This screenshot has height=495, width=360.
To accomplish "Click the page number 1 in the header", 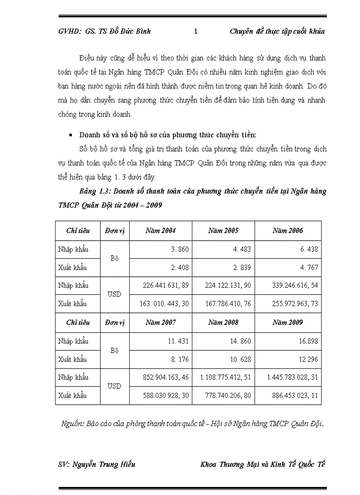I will tap(196, 31).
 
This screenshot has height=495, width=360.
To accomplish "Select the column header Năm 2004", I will tap(161, 231).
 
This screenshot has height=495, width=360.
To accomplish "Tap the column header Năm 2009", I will tap(288, 322).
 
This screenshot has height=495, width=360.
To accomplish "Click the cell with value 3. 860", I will tap(180, 249).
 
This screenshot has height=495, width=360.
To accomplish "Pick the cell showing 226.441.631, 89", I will tap(166, 286).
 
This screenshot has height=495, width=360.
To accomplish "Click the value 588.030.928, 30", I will tap(166, 396).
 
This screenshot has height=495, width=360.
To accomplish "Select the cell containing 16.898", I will tap(308, 341).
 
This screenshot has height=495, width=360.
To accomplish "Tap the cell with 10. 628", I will tap(241, 360).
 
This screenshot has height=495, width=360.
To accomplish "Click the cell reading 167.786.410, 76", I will tap(228, 304).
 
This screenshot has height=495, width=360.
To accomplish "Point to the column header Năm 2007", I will tap(161, 322).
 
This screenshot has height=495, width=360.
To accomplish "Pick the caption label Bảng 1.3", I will tap(94, 192).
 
